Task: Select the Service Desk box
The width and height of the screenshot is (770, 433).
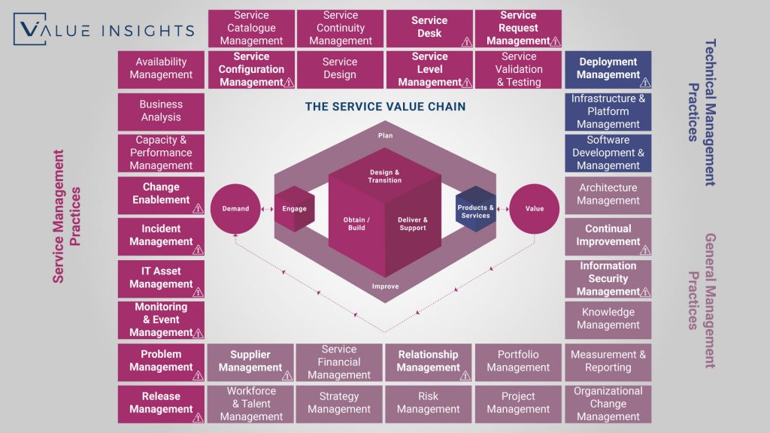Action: coord(429,28)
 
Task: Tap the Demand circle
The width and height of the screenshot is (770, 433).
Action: coord(235,208)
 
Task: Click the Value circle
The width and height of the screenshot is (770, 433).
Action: coord(534,208)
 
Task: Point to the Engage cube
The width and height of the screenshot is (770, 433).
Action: coord(294,208)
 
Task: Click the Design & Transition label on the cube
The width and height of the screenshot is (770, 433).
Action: coord(385,176)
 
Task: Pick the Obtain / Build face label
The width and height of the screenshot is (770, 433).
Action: coord(356,223)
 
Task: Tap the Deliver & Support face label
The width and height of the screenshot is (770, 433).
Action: coord(413,223)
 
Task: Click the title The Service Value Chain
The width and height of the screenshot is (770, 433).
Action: coord(385,107)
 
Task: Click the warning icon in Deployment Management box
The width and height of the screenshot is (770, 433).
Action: coord(644,82)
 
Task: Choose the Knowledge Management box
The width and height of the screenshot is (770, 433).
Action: coord(608,319)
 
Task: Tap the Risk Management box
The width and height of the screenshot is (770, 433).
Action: coord(429,404)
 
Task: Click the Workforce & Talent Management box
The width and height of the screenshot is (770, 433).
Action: coord(251,404)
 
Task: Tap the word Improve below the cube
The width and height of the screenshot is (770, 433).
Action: coord(385,286)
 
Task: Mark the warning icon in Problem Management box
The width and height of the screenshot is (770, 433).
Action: coord(198,374)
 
